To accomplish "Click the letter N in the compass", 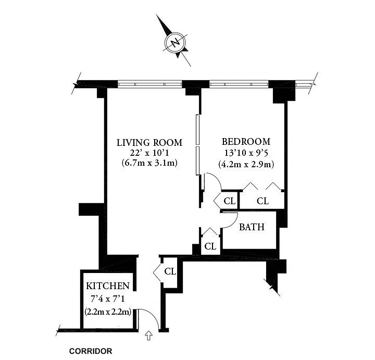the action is (x=176, y=43).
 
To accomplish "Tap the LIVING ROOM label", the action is (x=149, y=143).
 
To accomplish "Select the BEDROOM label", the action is (x=246, y=142).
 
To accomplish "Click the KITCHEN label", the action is (x=108, y=286).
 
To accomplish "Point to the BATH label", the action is (x=252, y=227).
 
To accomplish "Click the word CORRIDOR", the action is (x=91, y=351).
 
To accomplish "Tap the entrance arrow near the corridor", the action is (x=149, y=336).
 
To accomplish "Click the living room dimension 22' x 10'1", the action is (x=149, y=153).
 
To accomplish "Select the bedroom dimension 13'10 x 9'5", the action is (x=246, y=152).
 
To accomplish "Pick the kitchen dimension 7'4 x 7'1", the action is (x=108, y=299).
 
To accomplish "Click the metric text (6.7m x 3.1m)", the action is (x=149, y=163).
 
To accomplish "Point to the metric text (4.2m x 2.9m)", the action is (x=246, y=165).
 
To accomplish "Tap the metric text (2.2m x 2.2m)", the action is (x=108, y=312).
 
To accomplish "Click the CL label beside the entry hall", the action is (x=170, y=271).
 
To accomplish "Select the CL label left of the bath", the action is (x=210, y=246).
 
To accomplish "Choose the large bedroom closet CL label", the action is (x=263, y=201).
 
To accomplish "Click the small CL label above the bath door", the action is (x=230, y=201).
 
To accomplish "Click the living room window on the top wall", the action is (x=150, y=84).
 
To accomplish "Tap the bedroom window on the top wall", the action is (x=239, y=84).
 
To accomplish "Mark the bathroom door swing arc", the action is (x=234, y=222).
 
